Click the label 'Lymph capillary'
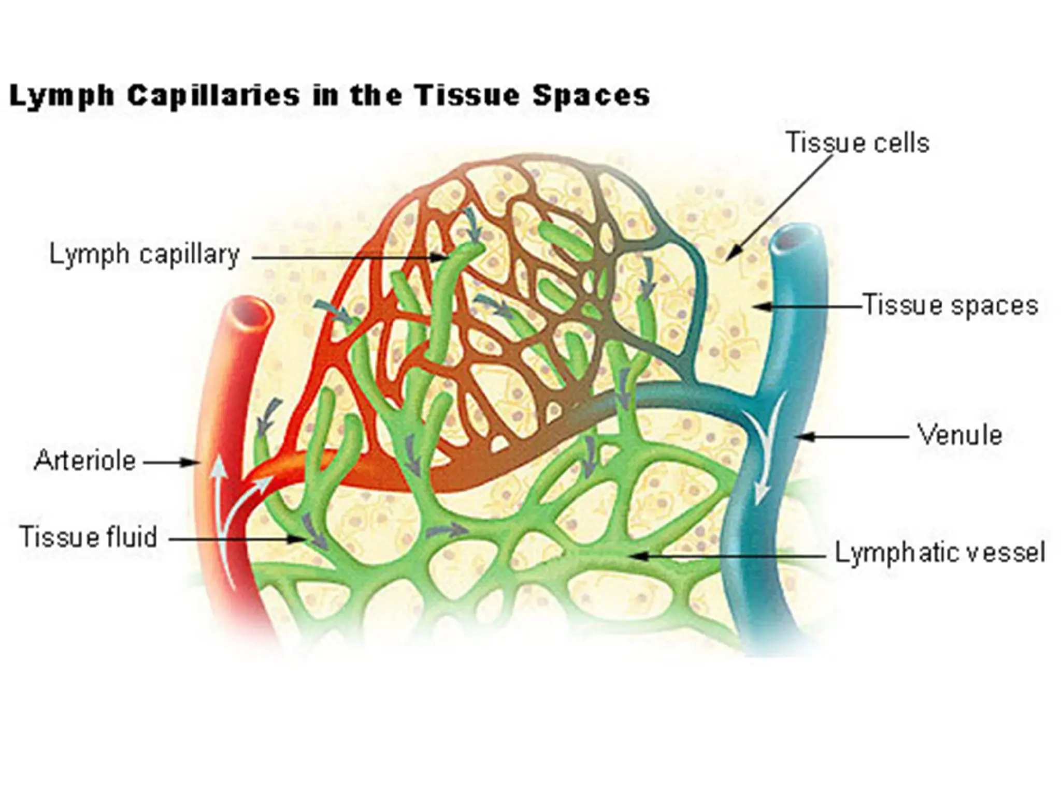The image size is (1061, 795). pos(144,255)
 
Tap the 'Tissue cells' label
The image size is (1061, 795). pos(858,143)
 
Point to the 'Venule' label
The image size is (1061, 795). pos(960,435)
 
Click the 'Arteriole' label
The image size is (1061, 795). pos(85,461)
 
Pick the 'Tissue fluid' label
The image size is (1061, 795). pos(88,537)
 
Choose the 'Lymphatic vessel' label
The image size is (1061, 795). pos(940,553)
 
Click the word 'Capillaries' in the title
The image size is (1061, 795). pos(213,95)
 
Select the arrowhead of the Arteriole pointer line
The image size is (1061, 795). pos(194,462)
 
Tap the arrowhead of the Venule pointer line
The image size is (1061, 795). pos(801,437)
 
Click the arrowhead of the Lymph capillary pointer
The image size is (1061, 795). pos(443,257)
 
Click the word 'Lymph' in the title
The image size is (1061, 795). pos(62,96)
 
